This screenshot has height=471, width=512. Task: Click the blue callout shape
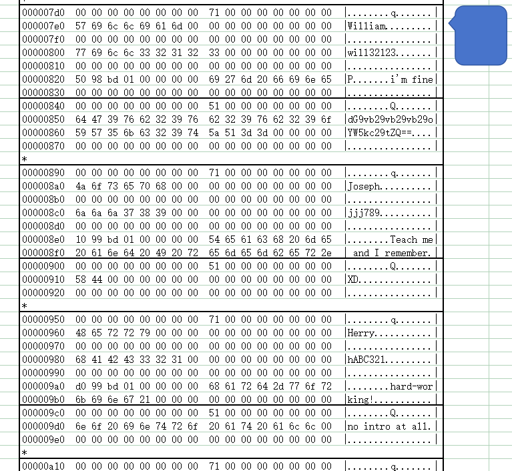coord(481,35)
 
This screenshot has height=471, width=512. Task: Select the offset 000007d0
coord(43,13)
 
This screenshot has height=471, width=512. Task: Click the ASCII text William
coord(368,26)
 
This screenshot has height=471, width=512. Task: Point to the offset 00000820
coord(43,79)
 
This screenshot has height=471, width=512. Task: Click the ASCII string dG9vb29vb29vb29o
coord(391,119)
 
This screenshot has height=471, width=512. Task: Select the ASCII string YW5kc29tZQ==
coord(381,133)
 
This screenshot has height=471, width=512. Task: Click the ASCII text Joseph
coord(365,186)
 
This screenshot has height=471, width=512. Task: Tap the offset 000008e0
coord(43,240)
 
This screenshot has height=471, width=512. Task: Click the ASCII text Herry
coord(362,333)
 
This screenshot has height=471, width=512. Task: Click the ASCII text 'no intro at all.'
coord(391,426)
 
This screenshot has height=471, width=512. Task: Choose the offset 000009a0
coord(43,386)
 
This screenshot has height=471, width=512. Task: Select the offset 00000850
coord(43,119)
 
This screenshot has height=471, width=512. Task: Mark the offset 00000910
coord(43,280)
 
